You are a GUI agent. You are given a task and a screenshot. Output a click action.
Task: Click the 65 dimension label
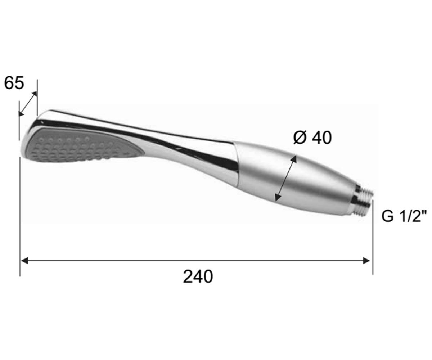pos(14,83)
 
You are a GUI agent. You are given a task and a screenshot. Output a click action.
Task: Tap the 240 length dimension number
pos(198,277)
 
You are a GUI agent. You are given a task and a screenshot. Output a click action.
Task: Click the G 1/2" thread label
pos(404,216)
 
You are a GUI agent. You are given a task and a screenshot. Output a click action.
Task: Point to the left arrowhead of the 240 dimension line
pos(24,261)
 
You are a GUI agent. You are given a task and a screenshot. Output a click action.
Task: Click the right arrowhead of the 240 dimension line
pos(366,261)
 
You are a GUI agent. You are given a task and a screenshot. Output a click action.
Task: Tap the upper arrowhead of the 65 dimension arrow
pos(35,94)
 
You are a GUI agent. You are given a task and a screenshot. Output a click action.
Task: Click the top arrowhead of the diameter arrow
pos(294,159)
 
